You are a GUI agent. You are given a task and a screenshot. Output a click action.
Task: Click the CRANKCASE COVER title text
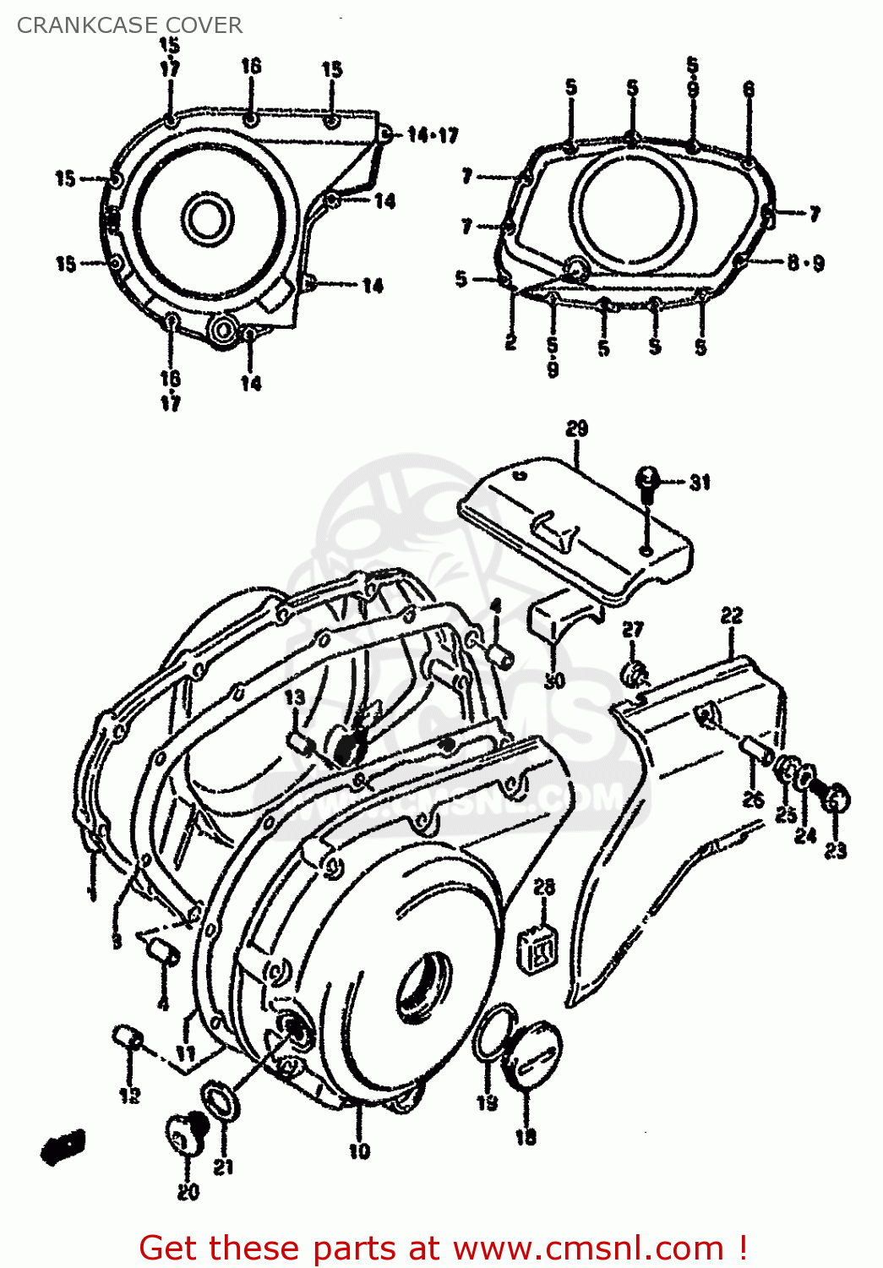pyautogui.click(x=129, y=25)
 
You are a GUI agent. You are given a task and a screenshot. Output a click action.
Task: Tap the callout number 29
pyautogui.click(x=576, y=429)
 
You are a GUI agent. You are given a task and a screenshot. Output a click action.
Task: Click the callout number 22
pyautogui.click(x=732, y=615)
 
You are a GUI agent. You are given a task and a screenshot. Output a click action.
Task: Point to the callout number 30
pyautogui.click(x=554, y=680)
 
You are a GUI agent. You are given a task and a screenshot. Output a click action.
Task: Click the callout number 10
pyautogui.click(x=359, y=1150)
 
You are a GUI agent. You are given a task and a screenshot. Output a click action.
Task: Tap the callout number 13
pyautogui.click(x=294, y=697)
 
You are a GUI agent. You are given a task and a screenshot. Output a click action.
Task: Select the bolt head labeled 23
pyautogui.click(x=837, y=799)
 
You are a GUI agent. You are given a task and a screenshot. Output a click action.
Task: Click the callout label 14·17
pyautogui.click(x=433, y=135)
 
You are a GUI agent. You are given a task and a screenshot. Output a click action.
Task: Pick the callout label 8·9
pyautogui.click(x=805, y=263)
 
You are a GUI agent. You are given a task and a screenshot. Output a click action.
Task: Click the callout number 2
pyautogui.click(x=510, y=342)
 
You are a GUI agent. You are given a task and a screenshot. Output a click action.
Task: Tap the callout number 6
pyautogui.click(x=749, y=89)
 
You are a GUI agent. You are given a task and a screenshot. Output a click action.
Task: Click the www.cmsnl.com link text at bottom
pyautogui.click(x=588, y=1249)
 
